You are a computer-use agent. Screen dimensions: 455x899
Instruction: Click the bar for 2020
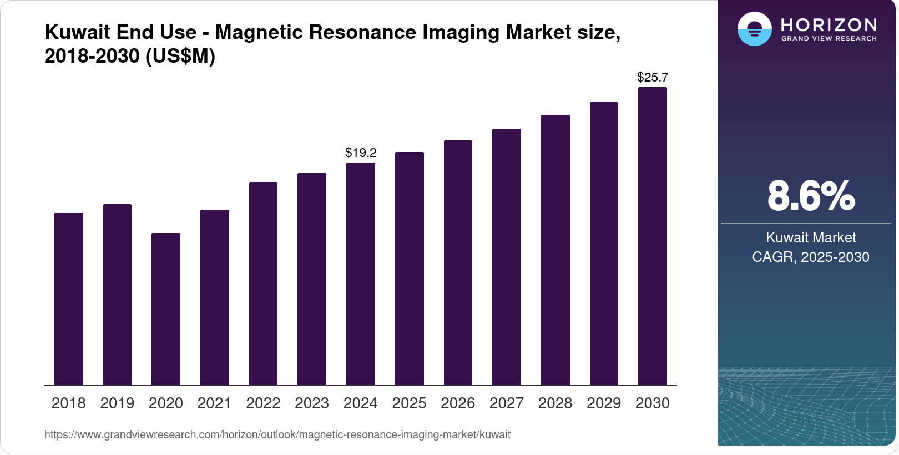coord(166,309)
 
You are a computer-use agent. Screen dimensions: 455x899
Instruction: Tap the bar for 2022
coord(263,284)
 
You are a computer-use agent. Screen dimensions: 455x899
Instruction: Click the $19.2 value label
coord(361,153)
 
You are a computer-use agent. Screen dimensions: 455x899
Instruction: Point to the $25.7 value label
coord(653,77)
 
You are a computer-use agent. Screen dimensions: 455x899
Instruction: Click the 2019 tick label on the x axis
coord(117,403)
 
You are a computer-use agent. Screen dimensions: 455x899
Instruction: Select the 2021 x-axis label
coord(214,403)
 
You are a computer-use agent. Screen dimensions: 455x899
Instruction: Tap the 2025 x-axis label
coord(409,403)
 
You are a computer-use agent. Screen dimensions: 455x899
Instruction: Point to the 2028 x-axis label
coord(555,403)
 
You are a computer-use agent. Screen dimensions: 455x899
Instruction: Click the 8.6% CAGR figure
coord(811,196)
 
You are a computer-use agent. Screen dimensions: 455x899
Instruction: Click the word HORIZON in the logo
coord(829,25)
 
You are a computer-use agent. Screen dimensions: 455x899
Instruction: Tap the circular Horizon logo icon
coord(754,29)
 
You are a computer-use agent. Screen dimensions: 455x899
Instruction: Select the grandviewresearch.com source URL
coord(277,434)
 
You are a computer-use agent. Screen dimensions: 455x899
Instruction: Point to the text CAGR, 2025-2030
coord(811,257)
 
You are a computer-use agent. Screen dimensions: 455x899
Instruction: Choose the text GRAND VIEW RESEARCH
coord(829,39)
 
